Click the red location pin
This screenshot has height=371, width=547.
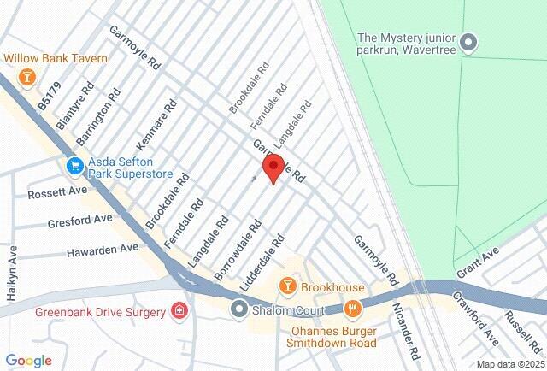(272, 168)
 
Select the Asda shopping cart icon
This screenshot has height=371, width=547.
(74, 164)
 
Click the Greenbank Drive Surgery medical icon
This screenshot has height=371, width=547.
(179, 310)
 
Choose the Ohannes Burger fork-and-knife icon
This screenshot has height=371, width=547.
(351, 309)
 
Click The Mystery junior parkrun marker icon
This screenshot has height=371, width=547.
(468, 41)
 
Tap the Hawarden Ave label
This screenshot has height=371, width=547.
(102, 250)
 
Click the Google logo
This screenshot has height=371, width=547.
(28, 361)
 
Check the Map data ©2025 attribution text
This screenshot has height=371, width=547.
(509, 364)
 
